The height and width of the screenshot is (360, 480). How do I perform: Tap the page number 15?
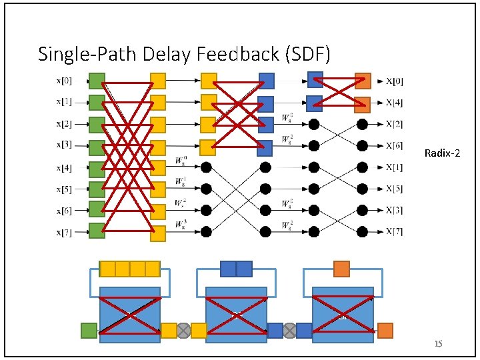(438, 344)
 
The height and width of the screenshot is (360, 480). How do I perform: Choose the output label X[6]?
(394, 145)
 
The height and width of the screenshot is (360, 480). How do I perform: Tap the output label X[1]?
(394, 167)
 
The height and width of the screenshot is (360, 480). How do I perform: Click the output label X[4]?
(394, 103)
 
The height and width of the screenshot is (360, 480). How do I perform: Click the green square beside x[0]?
(97, 81)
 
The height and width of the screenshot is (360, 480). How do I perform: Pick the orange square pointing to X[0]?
(363, 81)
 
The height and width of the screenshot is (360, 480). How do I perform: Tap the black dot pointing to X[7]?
(362, 231)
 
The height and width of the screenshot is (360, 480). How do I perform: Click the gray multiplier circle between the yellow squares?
(183, 330)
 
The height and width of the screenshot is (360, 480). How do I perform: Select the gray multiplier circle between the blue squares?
(290, 330)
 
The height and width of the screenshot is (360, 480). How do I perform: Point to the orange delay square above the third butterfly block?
(341, 269)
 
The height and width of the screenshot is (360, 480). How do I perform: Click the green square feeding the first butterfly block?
(89, 330)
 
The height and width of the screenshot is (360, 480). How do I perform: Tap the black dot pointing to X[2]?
(362, 124)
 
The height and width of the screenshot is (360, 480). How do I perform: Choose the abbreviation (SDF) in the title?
(309, 53)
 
